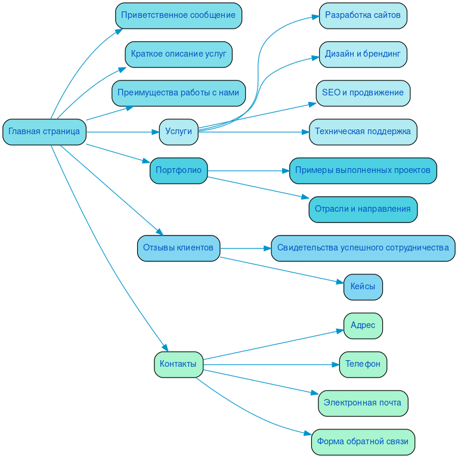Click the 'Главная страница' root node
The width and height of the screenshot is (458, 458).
[44, 132]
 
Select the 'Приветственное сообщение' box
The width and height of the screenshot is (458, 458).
[178, 16]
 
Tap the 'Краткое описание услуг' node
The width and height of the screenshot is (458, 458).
[178, 54]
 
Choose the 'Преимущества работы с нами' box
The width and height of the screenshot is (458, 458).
[178, 93]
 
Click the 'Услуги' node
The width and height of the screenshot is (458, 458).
[178, 132]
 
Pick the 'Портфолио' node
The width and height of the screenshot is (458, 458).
[178, 171]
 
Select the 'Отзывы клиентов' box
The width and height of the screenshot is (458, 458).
[178, 248]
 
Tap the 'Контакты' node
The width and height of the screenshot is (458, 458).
[178, 364]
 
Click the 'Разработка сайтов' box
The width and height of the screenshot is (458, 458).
[363, 16]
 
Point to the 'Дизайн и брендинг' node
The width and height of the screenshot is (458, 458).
[363, 54]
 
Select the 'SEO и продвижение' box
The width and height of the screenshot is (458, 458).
[363, 93]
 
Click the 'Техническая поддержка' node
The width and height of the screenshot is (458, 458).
[363, 132]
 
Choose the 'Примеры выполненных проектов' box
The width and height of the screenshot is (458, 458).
[363, 171]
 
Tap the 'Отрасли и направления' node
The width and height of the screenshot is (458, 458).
[363, 209]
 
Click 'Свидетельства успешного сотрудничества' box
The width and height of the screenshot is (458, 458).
[363, 248]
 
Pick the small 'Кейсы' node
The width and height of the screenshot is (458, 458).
[363, 287]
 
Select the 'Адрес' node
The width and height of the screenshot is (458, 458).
[363, 326]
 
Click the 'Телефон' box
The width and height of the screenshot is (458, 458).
[363, 364]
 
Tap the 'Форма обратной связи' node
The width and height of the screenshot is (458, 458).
[363, 442]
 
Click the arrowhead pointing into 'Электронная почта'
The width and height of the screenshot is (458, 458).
[315, 393]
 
